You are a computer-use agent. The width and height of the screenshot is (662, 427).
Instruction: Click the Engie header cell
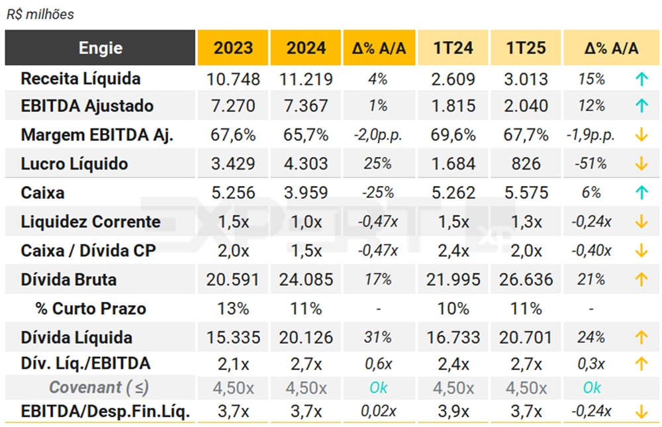[101, 48]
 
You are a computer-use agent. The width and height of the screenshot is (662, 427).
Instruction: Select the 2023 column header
[233, 48]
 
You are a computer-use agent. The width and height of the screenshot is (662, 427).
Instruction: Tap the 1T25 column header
[526, 48]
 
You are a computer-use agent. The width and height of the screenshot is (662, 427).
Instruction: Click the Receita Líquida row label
[81, 79]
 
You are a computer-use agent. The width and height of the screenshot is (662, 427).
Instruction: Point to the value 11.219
[306, 79]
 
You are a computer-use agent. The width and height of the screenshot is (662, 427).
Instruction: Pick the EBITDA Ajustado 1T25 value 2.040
[526, 106]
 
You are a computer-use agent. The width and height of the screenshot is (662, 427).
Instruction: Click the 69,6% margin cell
[453, 135]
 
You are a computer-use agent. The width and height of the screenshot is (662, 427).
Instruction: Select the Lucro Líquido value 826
[526, 164]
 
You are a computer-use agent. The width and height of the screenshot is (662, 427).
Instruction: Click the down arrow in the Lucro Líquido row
[640, 164]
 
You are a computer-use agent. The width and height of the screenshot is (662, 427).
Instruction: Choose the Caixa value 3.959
[306, 193]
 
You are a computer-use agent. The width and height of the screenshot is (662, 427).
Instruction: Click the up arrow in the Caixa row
[640, 193]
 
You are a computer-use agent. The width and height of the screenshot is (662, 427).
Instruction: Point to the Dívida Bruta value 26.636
[526, 279]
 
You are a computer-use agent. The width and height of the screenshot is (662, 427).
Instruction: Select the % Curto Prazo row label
[91, 308]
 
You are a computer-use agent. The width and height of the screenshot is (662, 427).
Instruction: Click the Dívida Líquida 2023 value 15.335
[233, 338]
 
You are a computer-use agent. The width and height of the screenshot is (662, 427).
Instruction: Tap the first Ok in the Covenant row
[379, 388]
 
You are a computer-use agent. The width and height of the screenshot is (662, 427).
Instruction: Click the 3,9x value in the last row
[453, 411]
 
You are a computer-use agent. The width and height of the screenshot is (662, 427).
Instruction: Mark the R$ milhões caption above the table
[40, 15]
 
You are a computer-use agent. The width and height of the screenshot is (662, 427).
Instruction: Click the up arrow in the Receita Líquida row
[640, 79]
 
